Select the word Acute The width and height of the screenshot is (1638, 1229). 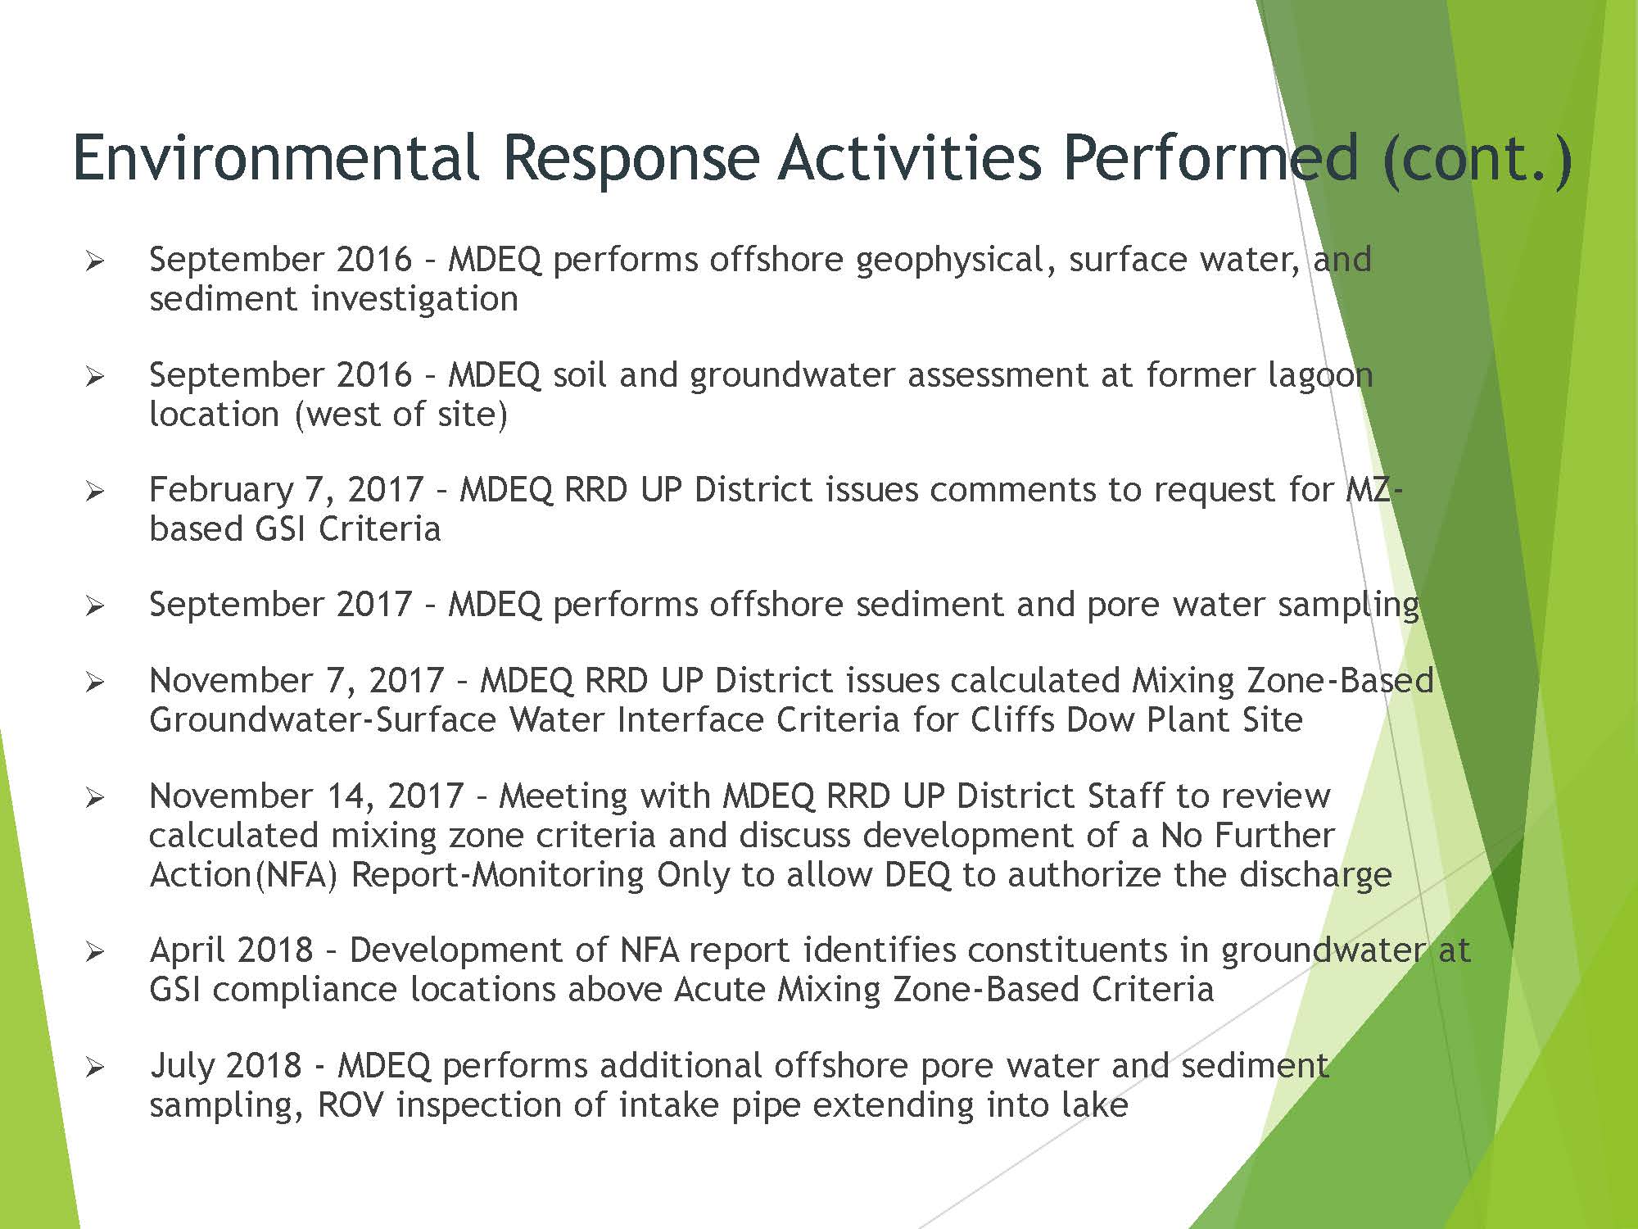[x=718, y=990]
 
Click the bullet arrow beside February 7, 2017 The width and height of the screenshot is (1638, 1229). [x=95, y=492]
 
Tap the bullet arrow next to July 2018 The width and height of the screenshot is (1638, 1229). [x=95, y=1068]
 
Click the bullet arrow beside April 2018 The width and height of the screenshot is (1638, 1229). [x=95, y=952]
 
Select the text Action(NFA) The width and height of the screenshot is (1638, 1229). [x=243, y=875]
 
